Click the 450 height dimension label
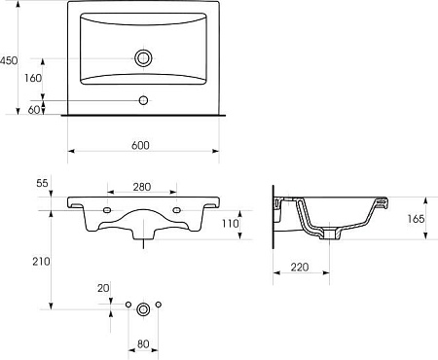tap(9, 60)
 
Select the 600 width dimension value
tap(140, 145)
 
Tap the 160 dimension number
tap(33, 78)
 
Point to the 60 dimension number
tap(34, 110)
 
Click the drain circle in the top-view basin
tap(143, 58)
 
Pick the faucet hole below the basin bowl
tap(143, 100)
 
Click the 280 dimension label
tap(142, 187)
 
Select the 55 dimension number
tap(42, 183)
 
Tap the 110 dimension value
tap(230, 223)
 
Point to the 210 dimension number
tap(41, 262)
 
